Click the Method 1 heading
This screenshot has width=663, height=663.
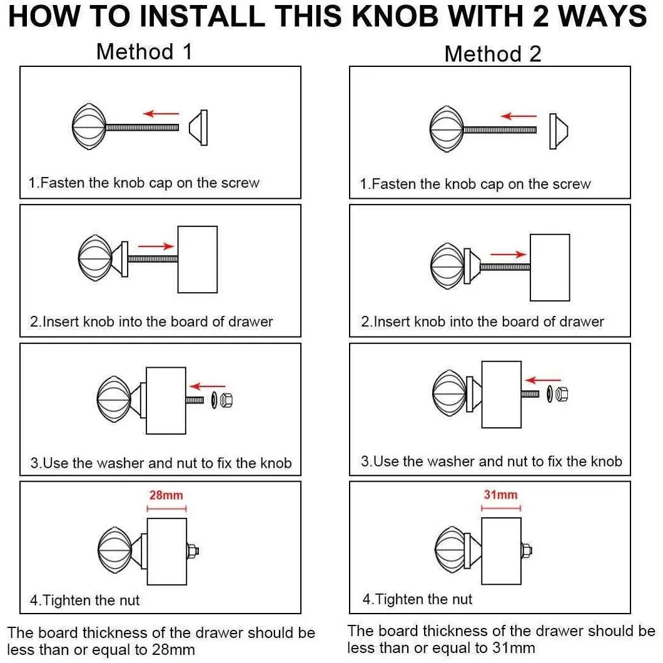click(x=144, y=52)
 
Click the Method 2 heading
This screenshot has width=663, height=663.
click(x=493, y=54)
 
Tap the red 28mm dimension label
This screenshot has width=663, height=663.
click(x=166, y=495)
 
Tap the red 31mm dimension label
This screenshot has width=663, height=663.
click(x=500, y=494)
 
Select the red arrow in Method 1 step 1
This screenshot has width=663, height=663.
click(x=161, y=113)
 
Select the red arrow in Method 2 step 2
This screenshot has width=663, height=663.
click(x=509, y=254)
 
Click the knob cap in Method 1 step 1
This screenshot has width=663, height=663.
click(x=198, y=128)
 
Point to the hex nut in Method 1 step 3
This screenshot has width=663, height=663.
click(x=226, y=400)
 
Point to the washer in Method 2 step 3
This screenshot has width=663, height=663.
click(x=550, y=394)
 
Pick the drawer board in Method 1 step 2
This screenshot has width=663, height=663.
click(x=198, y=259)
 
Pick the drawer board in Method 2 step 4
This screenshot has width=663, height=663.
click(x=502, y=551)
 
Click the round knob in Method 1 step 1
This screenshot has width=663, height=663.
click(x=89, y=126)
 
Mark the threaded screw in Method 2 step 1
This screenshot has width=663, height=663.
click(x=500, y=130)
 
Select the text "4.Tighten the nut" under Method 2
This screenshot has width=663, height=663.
click(x=417, y=599)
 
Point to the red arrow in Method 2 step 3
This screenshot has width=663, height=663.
click(x=543, y=380)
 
